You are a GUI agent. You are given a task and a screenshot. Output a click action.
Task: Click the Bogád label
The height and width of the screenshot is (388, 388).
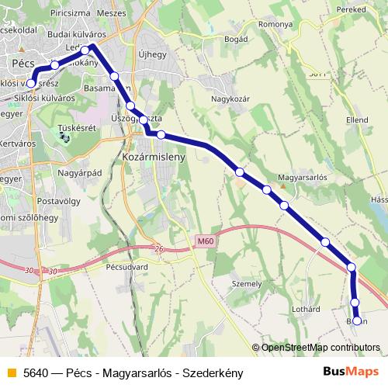(235, 38)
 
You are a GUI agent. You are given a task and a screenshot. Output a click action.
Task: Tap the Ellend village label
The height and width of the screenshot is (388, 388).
(357, 121)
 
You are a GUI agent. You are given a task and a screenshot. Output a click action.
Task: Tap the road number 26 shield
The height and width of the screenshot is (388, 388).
(160, 248)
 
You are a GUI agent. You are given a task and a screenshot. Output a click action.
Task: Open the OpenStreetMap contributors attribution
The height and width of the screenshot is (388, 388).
(320, 348)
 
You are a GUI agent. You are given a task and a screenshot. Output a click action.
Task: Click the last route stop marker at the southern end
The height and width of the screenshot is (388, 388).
(358, 320)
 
